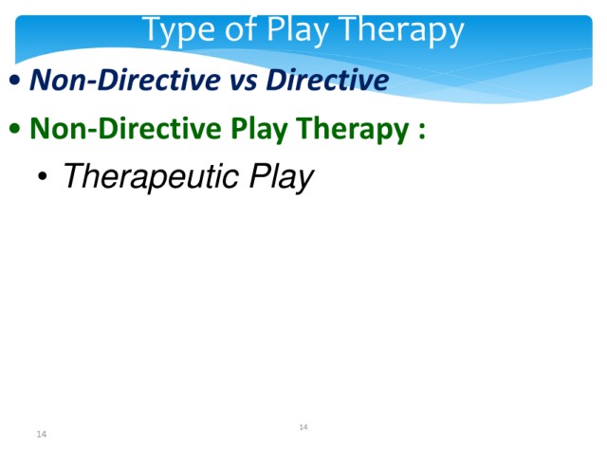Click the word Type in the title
[178, 31]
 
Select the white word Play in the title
[298, 31]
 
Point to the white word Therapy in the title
[402, 31]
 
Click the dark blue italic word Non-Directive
[125, 80]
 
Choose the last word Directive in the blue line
[327, 80]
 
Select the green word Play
[259, 130]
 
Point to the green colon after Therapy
[421, 131]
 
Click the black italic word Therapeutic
[150, 177]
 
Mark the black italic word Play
[281, 177]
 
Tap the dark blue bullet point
[15, 80]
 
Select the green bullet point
[15, 128]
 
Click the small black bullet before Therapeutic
[42, 176]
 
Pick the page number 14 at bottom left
[42, 434]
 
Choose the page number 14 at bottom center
[303, 427]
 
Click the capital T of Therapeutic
[74, 175]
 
